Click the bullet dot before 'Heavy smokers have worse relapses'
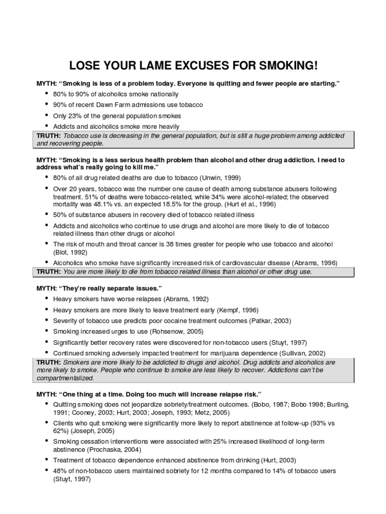pos(46,299)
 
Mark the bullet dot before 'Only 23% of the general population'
pos(46,115)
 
